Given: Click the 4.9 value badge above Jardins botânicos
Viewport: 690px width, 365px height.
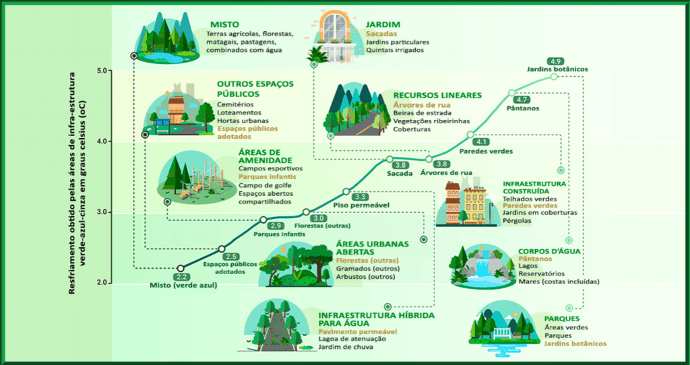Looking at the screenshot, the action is [x=555, y=61].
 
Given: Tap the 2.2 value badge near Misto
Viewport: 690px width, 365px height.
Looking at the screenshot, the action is [x=182, y=277].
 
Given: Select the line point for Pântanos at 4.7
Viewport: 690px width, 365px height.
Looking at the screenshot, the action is [x=512, y=93].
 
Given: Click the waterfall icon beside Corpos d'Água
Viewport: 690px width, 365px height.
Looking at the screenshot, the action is [x=482, y=265].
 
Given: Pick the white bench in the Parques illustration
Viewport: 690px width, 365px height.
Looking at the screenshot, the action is [x=501, y=333].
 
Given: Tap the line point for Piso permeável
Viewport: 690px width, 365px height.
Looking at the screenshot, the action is [x=346, y=191].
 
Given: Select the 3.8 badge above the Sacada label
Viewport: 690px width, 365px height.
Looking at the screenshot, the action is [x=400, y=165].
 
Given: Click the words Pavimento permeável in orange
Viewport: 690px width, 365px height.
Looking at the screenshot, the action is [x=358, y=331].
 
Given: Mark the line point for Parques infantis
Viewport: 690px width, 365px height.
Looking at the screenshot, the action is [x=263, y=220].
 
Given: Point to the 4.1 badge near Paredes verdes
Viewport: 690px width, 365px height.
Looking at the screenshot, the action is [x=482, y=141].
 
